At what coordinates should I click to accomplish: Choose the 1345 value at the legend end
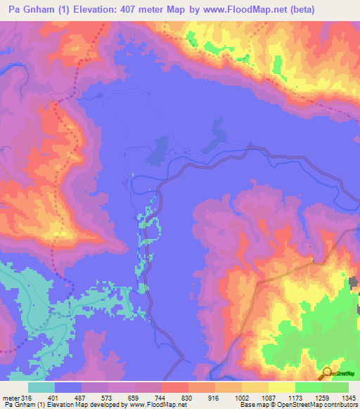coord(349,396)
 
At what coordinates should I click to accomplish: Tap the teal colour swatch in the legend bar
coord(41,387)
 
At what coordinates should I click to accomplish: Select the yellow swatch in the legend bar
coord(282,387)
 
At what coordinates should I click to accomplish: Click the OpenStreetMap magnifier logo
coord(326,373)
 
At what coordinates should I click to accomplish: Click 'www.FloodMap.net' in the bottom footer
coord(154,405)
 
